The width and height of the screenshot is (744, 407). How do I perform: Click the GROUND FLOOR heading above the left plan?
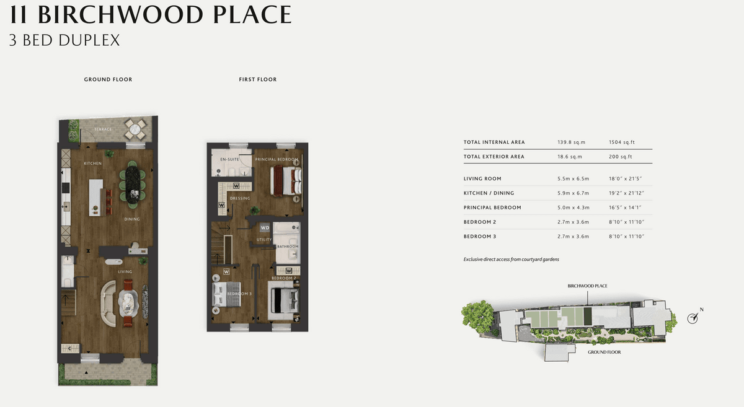click(108, 79)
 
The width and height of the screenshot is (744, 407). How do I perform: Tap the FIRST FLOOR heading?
click(258, 79)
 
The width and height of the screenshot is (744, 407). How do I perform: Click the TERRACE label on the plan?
click(103, 129)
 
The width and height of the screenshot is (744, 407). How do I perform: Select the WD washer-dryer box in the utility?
click(265, 228)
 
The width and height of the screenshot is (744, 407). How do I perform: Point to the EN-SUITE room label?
click(230, 159)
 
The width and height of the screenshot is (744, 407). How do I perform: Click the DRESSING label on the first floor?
click(240, 198)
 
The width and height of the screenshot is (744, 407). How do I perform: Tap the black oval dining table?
click(133, 184)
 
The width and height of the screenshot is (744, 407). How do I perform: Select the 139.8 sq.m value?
click(571, 142)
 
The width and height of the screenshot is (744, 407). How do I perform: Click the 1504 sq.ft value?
click(622, 142)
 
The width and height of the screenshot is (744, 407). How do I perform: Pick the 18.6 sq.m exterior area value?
click(570, 157)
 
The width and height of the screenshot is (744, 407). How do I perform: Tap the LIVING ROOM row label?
click(482, 178)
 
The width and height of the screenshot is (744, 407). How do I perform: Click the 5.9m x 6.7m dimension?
click(573, 193)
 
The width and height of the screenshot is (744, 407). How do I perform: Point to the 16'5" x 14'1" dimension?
click(625, 208)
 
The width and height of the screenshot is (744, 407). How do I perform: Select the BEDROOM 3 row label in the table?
click(480, 237)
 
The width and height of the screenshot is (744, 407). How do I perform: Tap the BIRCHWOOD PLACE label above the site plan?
click(587, 286)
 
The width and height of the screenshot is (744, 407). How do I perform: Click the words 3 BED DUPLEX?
click(64, 40)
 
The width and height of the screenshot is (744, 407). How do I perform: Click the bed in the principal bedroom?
click(286, 182)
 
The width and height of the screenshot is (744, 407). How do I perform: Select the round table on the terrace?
click(135, 129)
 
